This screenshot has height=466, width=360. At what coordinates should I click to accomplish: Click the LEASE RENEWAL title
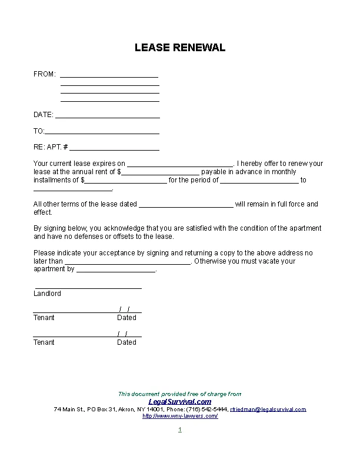click(x=180, y=48)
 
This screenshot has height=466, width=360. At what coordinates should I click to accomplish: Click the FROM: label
click(x=45, y=74)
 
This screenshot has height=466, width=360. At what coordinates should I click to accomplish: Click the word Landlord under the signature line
click(x=47, y=294)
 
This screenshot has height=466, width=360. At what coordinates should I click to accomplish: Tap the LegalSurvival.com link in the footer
click(x=180, y=401)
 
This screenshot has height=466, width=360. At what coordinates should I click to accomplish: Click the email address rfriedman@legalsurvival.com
click(x=268, y=409)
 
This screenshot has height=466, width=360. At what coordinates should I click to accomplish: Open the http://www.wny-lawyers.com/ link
click(x=180, y=416)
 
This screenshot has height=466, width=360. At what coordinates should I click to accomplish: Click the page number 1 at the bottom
click(x=180, y=430)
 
